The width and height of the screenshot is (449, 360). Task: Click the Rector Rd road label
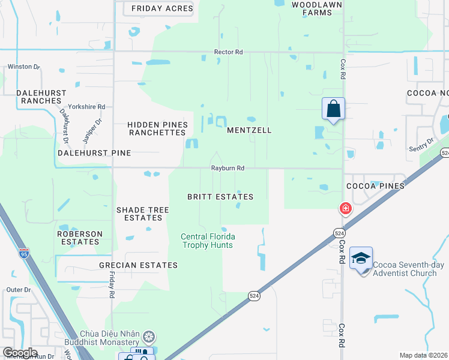(228, 53)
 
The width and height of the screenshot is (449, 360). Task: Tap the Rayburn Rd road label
(228, 169)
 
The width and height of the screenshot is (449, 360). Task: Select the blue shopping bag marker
(333, 109)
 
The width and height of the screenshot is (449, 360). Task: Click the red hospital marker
(345, 209)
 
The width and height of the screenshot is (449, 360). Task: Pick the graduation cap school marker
(361, 259)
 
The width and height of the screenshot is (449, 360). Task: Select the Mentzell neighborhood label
(249, 130)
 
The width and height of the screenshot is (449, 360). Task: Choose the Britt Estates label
(220, 197)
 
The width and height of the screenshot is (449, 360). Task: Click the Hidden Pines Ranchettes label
(157, 128)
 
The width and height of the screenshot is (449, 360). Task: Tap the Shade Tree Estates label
(142, 214)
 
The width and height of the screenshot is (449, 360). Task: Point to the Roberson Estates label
(80, 238)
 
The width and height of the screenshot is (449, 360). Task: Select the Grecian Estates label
(147, 265)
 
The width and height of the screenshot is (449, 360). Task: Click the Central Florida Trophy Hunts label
(208, 241)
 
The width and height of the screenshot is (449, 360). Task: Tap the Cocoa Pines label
(376, 186)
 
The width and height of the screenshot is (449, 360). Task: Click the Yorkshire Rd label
(86, 107)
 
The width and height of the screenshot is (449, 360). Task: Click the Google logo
(20, 353)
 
